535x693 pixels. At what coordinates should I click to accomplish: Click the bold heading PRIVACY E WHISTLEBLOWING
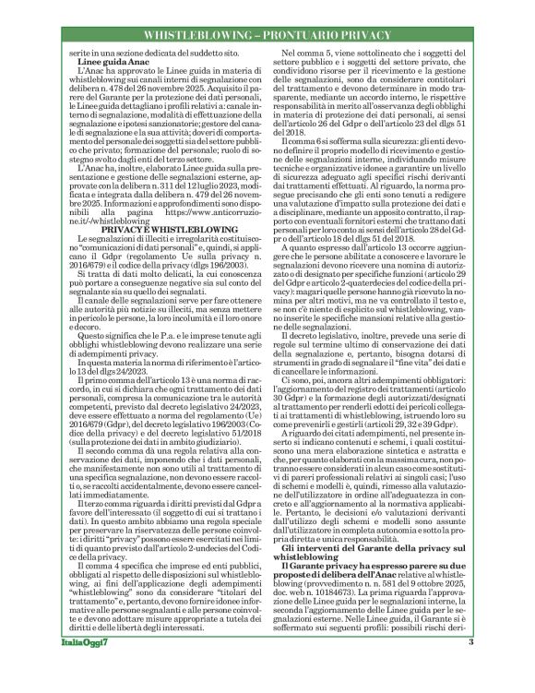pos(149,230)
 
